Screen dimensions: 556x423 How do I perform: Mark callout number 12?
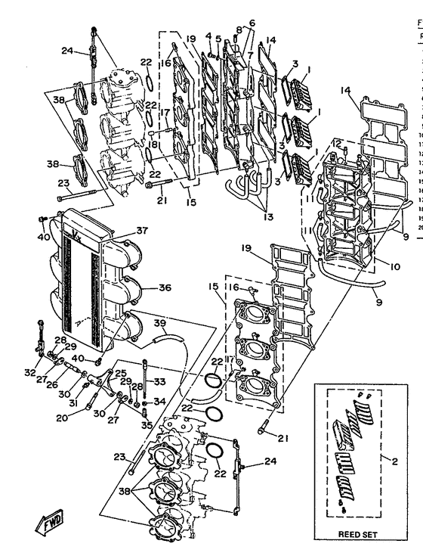pyautogui.click(x=338, y=143)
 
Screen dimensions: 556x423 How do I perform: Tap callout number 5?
pyautogui.click(x=218, y=39)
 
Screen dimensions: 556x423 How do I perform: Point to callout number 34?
pyautogui.click(x=159, y=401)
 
